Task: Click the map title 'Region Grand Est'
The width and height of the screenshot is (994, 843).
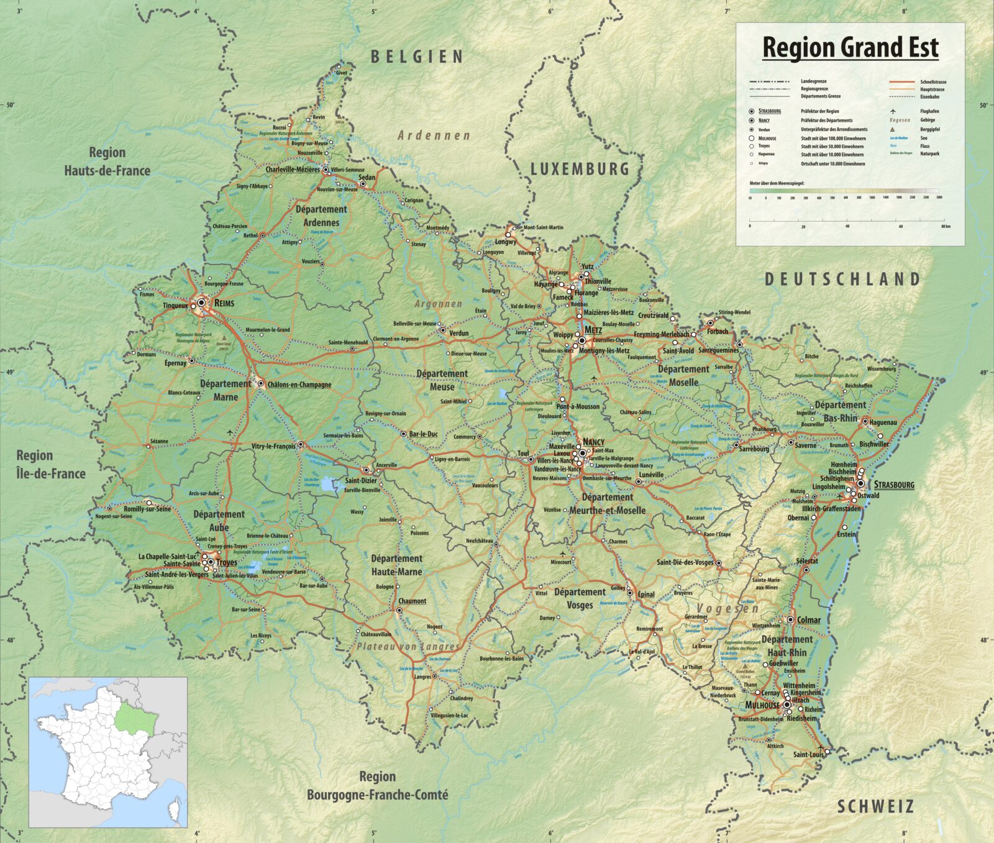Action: tap(850, 48)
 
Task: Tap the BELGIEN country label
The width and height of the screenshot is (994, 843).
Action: tap(417, 57)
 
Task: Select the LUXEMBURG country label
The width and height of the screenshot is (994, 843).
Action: tap(579, 169)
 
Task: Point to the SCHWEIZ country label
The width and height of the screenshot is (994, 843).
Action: tap(875, 807)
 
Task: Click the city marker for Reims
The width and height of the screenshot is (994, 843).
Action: tap(201, 304)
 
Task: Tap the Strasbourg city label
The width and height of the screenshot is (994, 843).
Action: tap(894, 485)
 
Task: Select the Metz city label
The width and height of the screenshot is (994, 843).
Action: tap(593, 330)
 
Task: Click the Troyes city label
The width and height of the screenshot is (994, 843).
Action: tap(227, 562)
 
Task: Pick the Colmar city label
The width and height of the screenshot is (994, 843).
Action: tap(808, 620)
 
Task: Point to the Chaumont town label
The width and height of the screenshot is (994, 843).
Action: tap(412, 601)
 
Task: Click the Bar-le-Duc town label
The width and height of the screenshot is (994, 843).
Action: tap(423, 434)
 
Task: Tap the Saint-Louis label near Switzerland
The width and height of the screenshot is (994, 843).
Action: tap(808, 754)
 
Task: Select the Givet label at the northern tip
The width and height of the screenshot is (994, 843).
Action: tap(341, 73)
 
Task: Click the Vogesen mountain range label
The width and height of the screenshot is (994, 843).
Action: tap(727, 608)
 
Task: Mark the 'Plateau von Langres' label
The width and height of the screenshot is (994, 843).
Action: tap(407, 647)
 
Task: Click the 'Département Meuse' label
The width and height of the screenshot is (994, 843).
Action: tap(442, 380)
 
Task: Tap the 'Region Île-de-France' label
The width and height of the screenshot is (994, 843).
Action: tap(50, 465)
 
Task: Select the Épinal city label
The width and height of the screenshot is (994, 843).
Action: tap(646, 594)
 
